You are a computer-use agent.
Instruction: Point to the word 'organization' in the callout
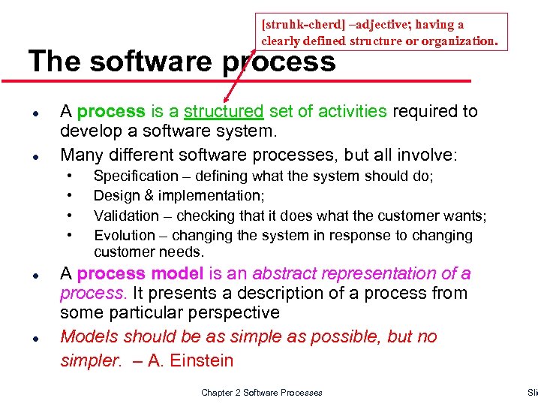coord(458,41)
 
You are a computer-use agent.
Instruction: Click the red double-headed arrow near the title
coord(239,78)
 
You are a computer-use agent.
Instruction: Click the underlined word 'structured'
coord(224,112)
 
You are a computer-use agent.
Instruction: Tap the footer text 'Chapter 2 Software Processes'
coord(261,393)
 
